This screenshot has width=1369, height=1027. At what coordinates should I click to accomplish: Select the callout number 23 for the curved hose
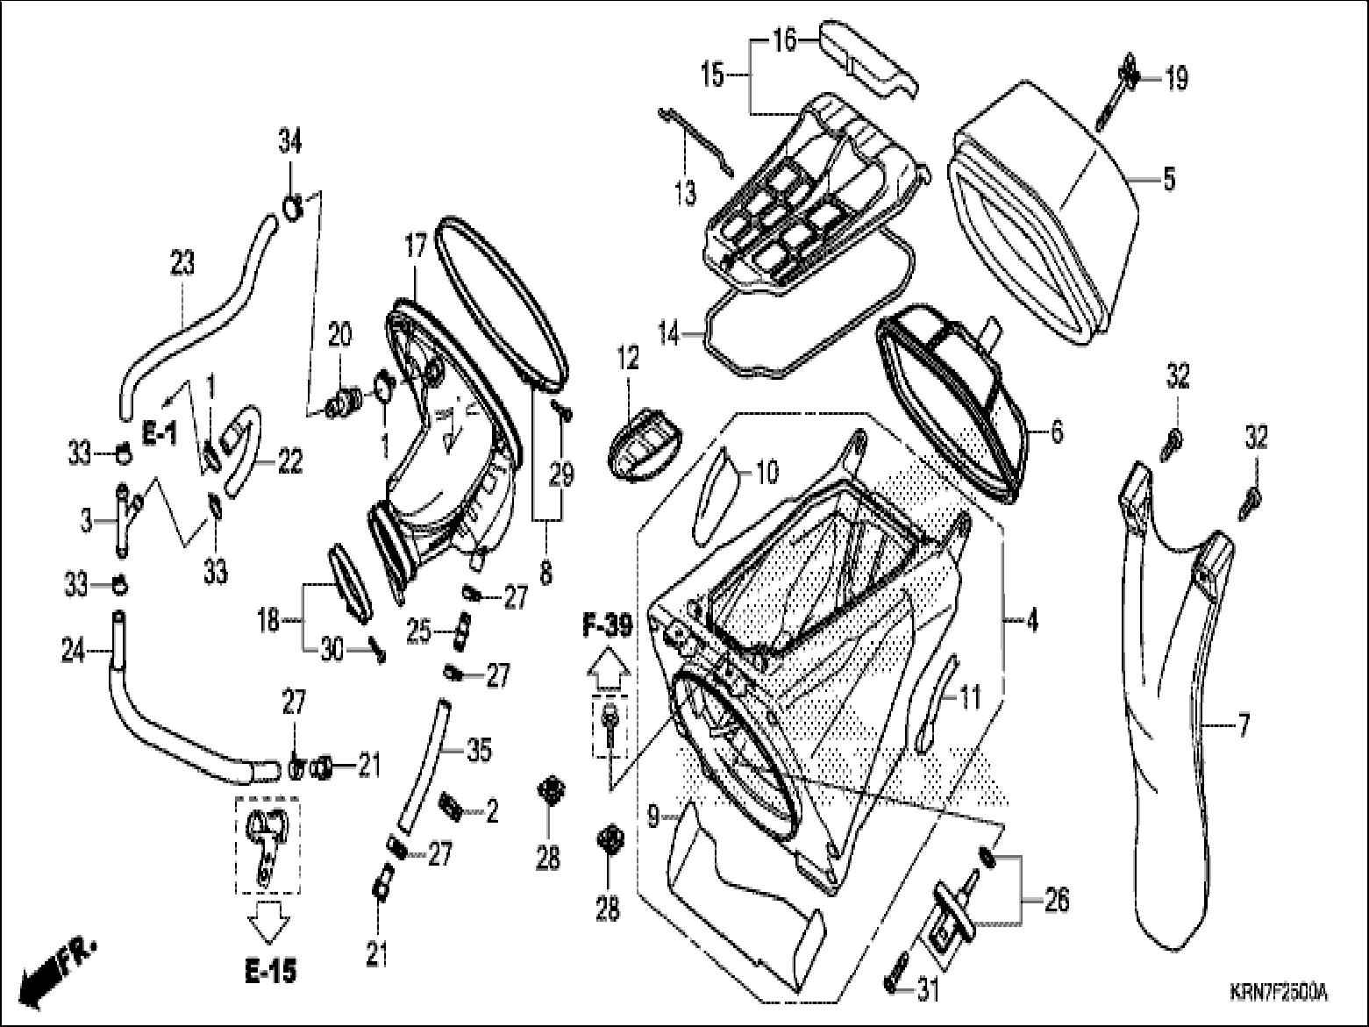click(182, 262)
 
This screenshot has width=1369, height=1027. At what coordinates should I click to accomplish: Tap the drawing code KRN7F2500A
click(1278, 994)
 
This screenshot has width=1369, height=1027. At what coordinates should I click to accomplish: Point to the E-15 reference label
click(269, 971)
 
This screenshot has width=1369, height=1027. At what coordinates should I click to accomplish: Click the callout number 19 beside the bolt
click(1175, 79)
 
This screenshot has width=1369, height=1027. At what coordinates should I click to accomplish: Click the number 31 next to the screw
click(926, 991)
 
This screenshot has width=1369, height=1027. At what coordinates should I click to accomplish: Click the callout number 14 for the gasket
click(669, 334)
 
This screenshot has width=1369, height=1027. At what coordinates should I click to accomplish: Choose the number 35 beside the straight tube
click(479, 750)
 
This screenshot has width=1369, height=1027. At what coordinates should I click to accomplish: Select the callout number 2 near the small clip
click(492, 811)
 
